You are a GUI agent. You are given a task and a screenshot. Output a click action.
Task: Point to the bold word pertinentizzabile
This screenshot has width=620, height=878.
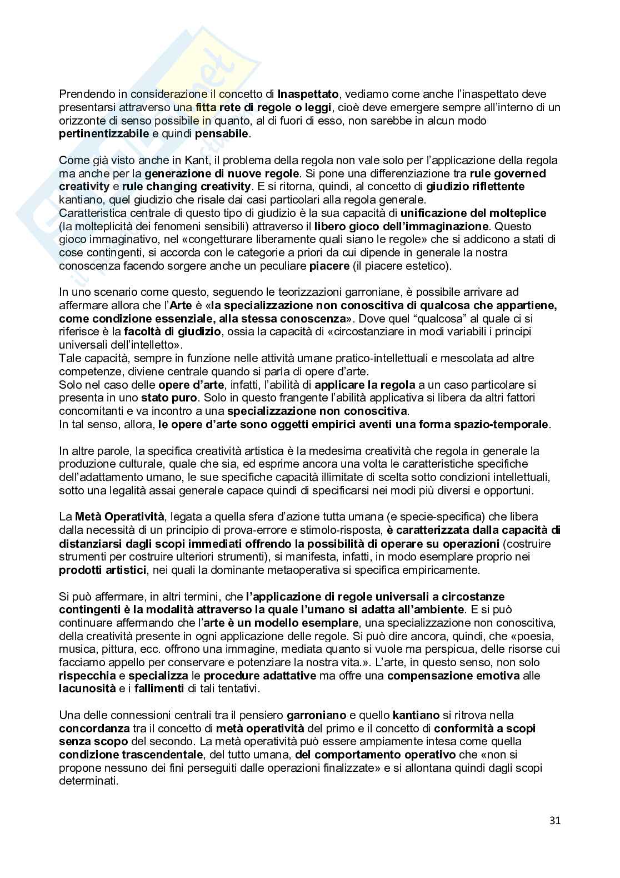pos(104,134)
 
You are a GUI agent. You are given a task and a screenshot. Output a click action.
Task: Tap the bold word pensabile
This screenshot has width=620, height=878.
pos(222,134)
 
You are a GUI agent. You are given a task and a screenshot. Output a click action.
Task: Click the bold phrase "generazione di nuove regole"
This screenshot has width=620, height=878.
pos(222,173)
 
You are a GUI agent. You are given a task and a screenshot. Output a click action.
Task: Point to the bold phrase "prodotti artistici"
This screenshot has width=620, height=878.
pos(103,570)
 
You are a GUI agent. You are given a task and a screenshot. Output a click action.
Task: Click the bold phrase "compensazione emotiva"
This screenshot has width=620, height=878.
pos(453,676)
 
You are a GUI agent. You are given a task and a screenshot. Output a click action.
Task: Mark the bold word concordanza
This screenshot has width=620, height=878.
pos(94,728)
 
